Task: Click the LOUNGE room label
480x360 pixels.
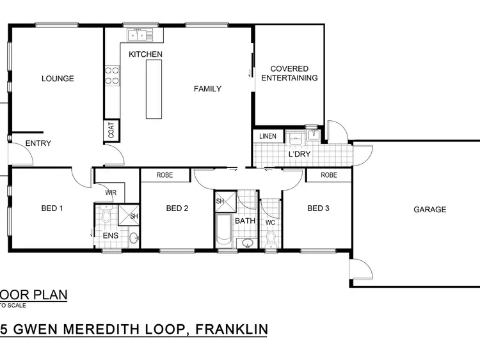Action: click(58, 79)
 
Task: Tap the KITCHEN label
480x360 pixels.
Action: click(145, 54)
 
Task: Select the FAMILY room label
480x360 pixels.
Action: click(207, 89)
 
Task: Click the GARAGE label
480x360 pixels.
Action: click(429, 209)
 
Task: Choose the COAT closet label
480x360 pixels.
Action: click(111, 130)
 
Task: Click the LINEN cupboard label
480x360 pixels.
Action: click(268, 136)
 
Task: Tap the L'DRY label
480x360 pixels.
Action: click(299, 154)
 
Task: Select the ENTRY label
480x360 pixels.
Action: click(38, 143)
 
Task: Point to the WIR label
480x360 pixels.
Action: click(110, 192)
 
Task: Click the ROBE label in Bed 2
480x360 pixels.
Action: click(165, 175)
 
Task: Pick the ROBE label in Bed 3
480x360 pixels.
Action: click(328, 175)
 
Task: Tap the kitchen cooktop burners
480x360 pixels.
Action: click(113, 76)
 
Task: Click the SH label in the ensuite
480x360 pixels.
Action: click(134, 216)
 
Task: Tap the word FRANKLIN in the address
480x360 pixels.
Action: click(231, 329)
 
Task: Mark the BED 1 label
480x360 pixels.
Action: click(52, 208)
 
